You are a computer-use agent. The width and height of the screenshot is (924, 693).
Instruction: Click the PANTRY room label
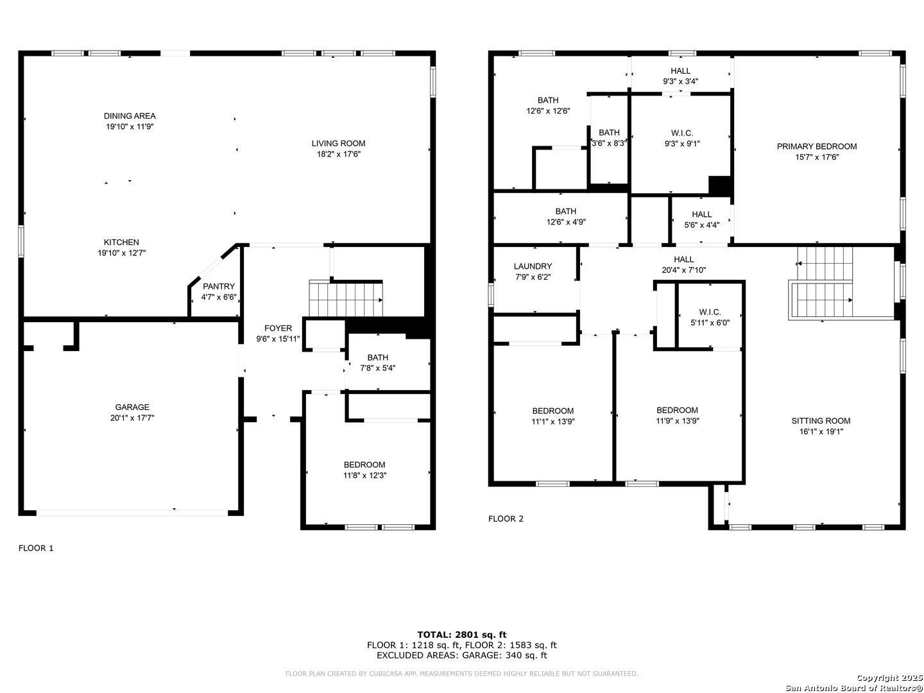tap(218, 286)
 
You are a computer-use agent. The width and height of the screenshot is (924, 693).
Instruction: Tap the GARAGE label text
tap(132, 407)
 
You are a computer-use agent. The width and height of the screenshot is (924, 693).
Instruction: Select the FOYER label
tap(278, 328)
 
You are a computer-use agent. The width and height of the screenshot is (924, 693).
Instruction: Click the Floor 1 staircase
tap(346, 298)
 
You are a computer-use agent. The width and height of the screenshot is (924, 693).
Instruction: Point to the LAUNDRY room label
tap(533, 266)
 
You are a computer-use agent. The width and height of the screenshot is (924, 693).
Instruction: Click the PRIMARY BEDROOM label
tap(817, 146)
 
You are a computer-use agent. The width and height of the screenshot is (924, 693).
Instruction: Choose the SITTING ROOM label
tap(821, 420)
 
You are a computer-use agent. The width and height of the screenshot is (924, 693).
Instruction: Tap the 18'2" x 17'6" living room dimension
tap(338, 154)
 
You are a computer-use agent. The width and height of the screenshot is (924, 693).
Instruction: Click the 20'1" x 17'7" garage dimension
tap(132, 418)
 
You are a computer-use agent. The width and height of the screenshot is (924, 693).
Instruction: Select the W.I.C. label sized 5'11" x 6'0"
tap(710, 312)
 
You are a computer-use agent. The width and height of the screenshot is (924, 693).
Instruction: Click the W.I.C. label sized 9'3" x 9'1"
tap(682, 133)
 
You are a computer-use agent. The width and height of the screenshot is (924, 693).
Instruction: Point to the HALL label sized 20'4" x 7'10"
tap(683, 259)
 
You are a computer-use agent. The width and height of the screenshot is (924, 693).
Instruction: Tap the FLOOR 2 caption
tap(506, 518)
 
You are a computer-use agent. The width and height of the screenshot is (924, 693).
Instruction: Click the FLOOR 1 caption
tap(36, 548)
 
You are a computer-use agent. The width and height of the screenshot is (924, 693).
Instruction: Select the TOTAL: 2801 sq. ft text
tap(462, 635)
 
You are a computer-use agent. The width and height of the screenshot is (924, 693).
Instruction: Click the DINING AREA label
tap(130, 116)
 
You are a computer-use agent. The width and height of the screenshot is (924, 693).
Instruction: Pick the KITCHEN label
tap(121, 242)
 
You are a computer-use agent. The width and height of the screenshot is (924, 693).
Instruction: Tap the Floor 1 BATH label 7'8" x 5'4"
tap(377, 357)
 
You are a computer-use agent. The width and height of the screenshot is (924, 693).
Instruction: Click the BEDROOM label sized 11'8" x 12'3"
tap(364, 465)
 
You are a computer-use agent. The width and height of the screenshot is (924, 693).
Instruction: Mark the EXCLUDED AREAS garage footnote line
tap(462, 655)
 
